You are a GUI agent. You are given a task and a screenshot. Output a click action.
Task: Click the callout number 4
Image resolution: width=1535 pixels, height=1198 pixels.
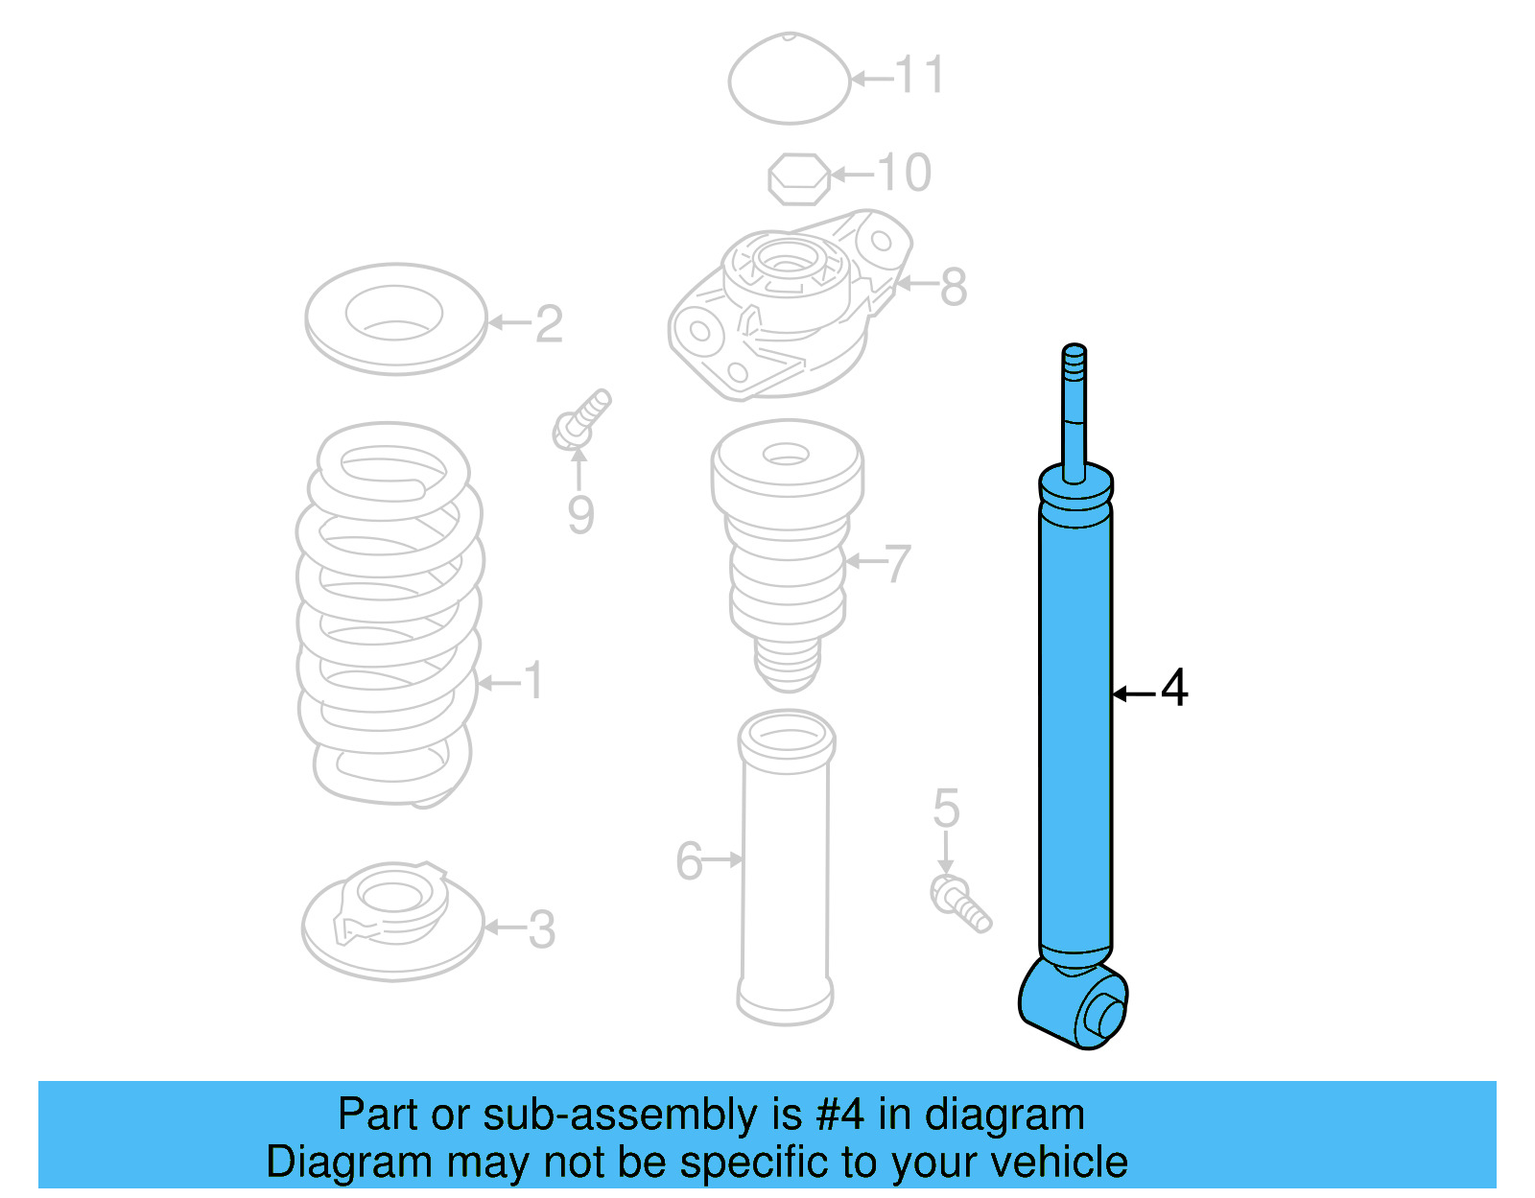[x=1174, y=688]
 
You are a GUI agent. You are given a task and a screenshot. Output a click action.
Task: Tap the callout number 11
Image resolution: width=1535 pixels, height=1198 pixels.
[x=920, y=75]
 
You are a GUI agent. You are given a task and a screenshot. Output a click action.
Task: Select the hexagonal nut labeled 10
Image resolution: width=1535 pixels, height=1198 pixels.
[x=798, y=178]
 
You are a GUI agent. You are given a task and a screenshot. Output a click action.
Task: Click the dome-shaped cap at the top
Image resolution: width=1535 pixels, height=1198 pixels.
[x=789, y=79]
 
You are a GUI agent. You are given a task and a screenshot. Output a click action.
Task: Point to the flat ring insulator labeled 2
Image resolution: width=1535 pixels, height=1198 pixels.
[x=395, y=318]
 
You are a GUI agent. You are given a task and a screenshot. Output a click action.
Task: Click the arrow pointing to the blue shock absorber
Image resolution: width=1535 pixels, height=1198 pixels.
[x=1133, y=693]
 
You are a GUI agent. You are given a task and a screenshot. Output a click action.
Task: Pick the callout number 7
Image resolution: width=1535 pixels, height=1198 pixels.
[x=897, y=564]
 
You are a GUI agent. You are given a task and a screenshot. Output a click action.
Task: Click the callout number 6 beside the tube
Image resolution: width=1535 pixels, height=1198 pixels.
[x=689, y=860]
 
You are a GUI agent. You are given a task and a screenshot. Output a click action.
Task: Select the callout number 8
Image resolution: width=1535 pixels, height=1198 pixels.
[x=953, y=286]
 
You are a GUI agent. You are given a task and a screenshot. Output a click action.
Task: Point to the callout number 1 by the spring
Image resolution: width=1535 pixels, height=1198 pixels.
[x=533, y=681]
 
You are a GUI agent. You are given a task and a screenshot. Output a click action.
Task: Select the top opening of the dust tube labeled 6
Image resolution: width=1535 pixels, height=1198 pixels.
[x=787, y=740]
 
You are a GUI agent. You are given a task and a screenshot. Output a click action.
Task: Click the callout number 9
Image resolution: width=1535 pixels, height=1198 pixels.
[x=580, y=514]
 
